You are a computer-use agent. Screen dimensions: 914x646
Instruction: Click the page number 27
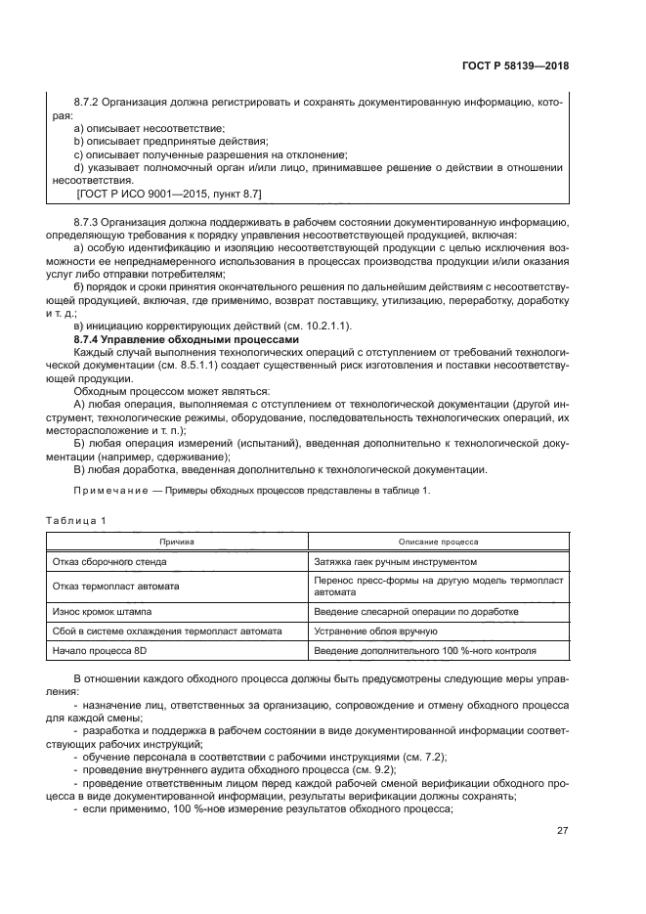pyautogui.click(x=561, y=831)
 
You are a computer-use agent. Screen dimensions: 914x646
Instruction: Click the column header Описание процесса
pyautogui.click(x=438, y=541)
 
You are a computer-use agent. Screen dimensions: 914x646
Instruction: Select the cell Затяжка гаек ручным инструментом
pyautogui.click(x=395, y=562)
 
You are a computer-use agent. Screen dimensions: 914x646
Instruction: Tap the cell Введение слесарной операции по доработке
pyautogui.click(x=415, y=612)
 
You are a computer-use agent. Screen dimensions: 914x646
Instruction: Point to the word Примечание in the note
pyautogui.click(x=107, y=490)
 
